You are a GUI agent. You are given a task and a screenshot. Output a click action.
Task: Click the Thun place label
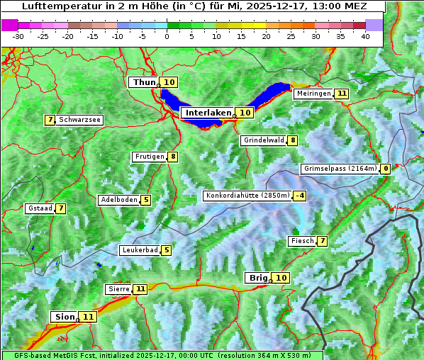tap(144, 83)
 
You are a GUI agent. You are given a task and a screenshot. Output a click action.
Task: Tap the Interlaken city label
tap(208, 113)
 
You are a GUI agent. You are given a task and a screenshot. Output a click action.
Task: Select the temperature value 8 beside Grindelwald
tap(293, 140)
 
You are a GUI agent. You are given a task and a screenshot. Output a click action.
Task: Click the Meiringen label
tap(313, 94)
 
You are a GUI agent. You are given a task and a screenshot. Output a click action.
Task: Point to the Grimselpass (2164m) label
tap(340, 169)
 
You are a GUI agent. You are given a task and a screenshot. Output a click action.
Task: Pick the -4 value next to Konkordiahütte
tap(301, 196)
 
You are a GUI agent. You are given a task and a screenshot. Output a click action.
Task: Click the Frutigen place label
tap(150, 157)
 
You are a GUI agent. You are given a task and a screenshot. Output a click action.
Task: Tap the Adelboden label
tap(118, 200)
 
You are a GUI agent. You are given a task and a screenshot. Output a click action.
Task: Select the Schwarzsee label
tap(79, 120)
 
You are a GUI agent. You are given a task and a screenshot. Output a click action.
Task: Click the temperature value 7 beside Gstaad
tap(61, 208)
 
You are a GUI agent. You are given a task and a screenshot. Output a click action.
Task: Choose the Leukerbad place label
tap(140, 250)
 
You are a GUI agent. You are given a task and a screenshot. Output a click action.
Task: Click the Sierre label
tap(118, 289)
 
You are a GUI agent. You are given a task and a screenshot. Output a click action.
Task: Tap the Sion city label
tap(63, 317)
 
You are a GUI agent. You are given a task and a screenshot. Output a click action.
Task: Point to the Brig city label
tap(257, 278)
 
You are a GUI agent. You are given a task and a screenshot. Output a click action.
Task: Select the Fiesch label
tap(302, 241)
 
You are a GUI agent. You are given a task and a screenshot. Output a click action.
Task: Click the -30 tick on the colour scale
tap(18, 36)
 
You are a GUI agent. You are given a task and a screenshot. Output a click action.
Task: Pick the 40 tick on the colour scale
tap(365, 36)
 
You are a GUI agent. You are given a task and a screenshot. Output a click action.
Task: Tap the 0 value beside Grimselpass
tap(385, 169)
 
